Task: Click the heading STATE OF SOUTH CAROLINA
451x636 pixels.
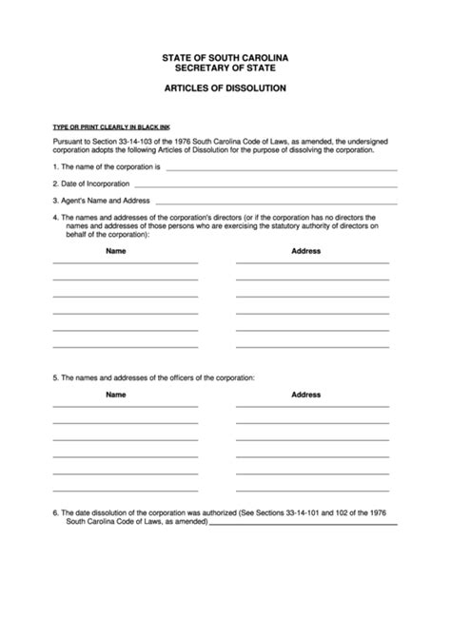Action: pyautogui.click(x=225, y=59)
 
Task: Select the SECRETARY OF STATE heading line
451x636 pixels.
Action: pyautogui.click(x=225, y=68)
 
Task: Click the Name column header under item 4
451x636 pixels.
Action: pyautogui.click(x=115, y=251)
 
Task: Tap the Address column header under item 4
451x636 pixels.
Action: pyautogui.click(x=305, y=251)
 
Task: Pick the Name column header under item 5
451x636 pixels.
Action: pyautogui.click(x=115, y=394)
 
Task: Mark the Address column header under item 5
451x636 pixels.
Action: pyautogui.click(x=305, y=394)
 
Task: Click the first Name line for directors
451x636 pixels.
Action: pyautogui.click(x=125, y=263)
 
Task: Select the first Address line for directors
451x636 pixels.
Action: pyautogui.click(x=312, y=263)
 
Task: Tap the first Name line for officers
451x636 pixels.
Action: pyautogui.click(x=125, y=406)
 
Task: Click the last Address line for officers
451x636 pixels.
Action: pyautogui.click(x=312, y=490)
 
